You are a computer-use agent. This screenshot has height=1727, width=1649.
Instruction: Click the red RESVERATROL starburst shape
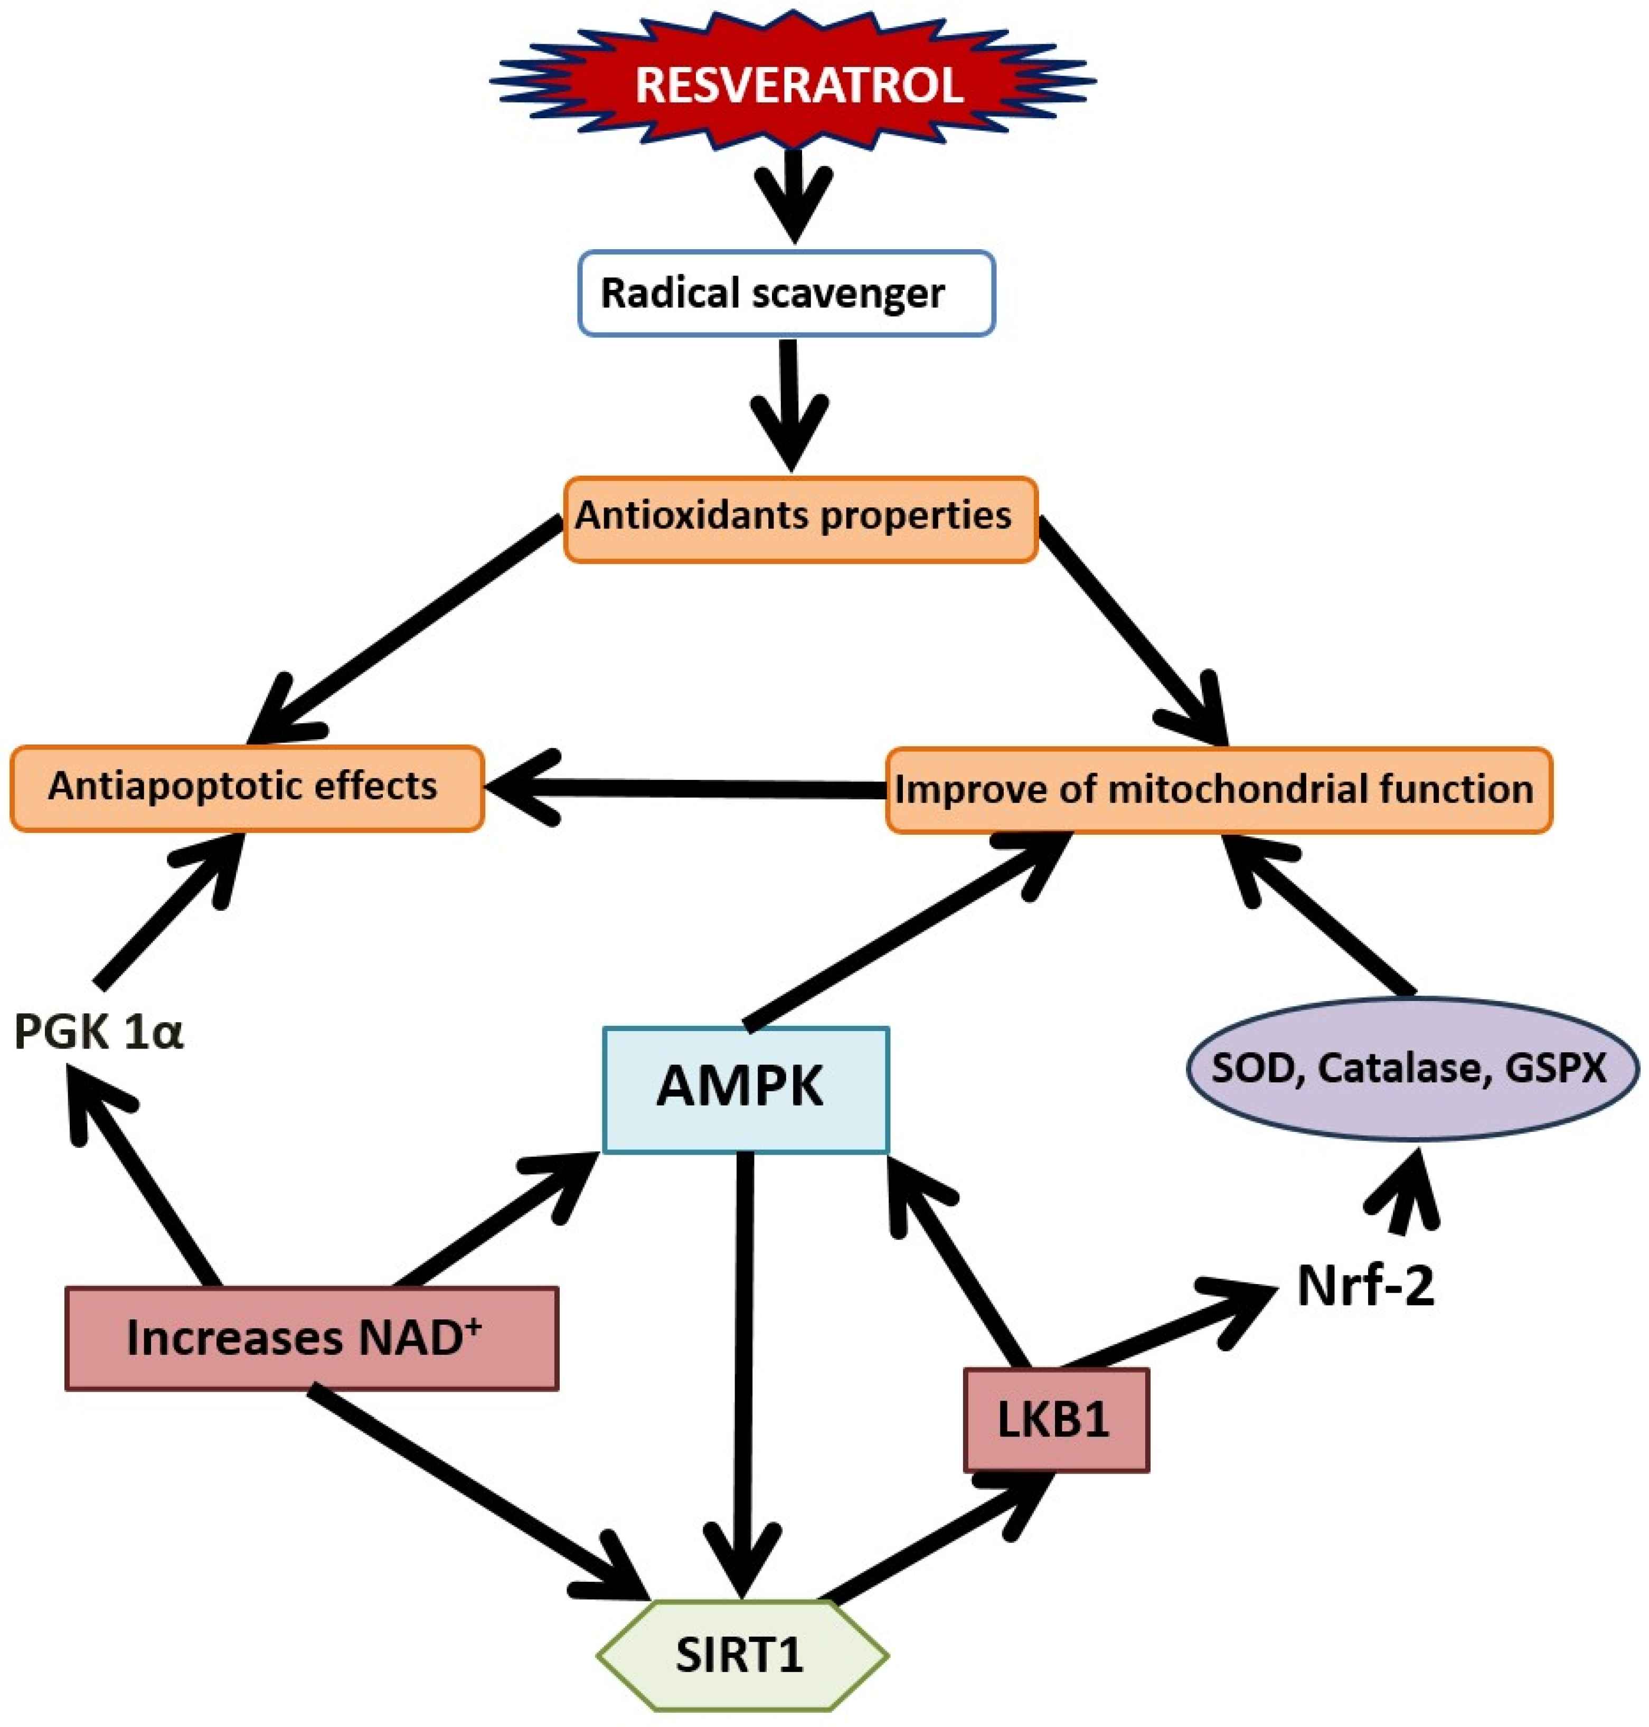[796, 83]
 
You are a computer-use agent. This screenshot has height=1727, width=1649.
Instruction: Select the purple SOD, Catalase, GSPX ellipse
[1412, 1069]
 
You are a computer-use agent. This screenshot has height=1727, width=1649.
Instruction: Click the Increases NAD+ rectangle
[312, 1338]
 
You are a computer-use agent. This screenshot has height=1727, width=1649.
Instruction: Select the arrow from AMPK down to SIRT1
[746, 1371]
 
